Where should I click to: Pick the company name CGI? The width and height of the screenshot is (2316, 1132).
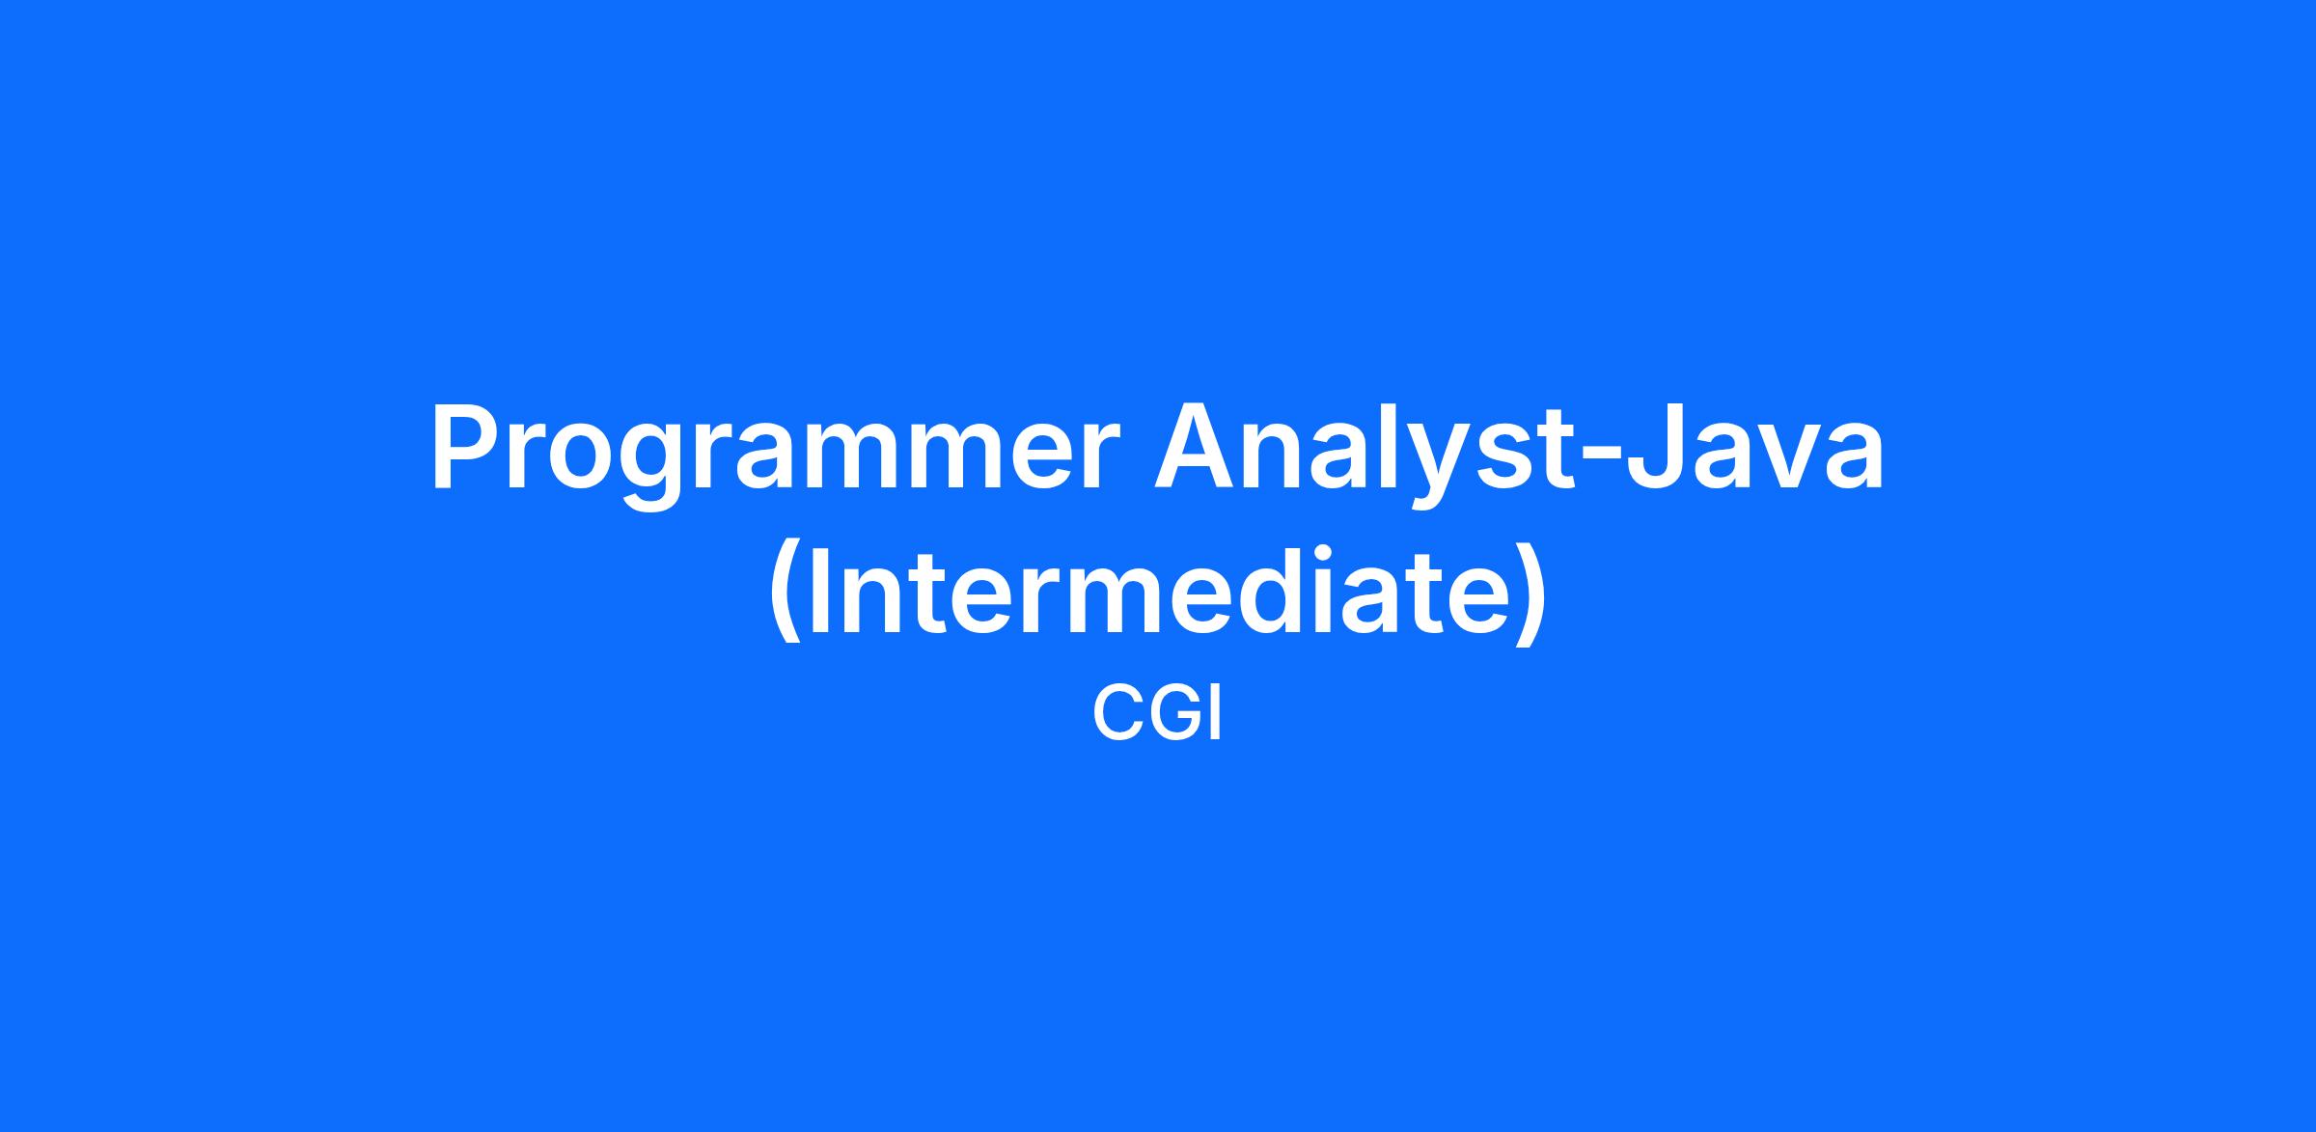tap(1157, 713)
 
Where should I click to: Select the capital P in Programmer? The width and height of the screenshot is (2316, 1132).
tap(468, 446)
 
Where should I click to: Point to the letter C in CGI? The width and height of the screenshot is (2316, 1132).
tap(1117, 713)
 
